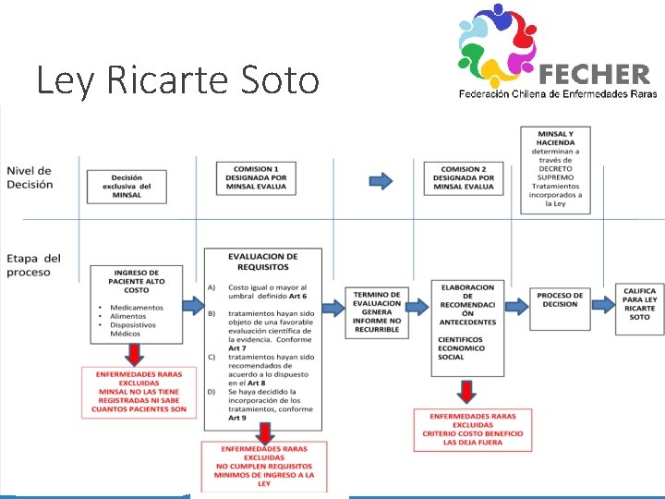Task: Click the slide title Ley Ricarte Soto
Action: coord(176,80)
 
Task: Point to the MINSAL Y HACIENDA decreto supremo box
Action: coord(554,169)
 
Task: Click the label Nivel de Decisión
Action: coord(30,176)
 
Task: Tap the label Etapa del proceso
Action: coord(33,265)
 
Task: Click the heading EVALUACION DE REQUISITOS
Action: coord(264,262)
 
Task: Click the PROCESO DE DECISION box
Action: coord(561,299)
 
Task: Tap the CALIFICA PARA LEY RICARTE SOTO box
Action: coord(639,303)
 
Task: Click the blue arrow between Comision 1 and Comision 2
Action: coord(380,180)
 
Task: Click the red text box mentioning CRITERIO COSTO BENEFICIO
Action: coord(472,430)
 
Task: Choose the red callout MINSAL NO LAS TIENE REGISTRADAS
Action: coord(139,392)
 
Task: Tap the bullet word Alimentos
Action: coord(129,316)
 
